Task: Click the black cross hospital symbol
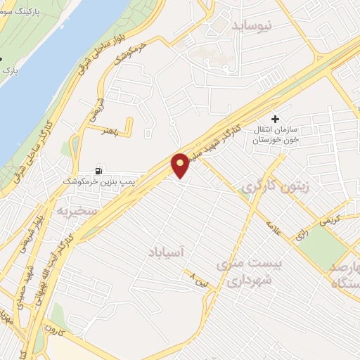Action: [276, 119]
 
